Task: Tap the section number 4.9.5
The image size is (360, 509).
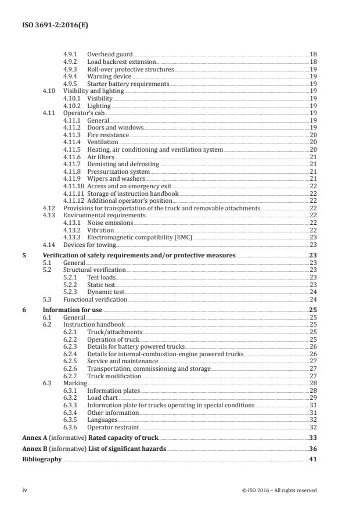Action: coord(70,84)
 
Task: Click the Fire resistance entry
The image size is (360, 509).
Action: coord(108,135)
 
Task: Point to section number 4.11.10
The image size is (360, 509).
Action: coord(72,186)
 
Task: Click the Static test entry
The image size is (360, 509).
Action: coord(102,285)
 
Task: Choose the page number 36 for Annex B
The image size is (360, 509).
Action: coord(313,449)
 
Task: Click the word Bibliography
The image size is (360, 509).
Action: coord(41,459)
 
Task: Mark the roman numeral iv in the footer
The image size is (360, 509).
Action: coord(24,490)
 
